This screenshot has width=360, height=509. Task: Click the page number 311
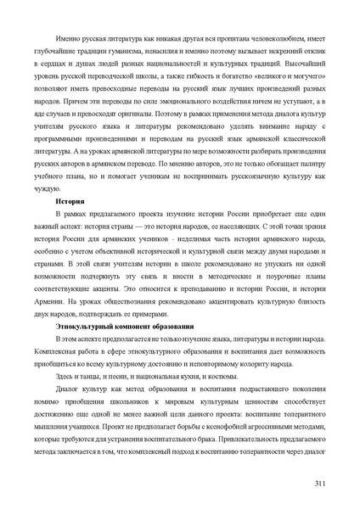click(319, 484)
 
